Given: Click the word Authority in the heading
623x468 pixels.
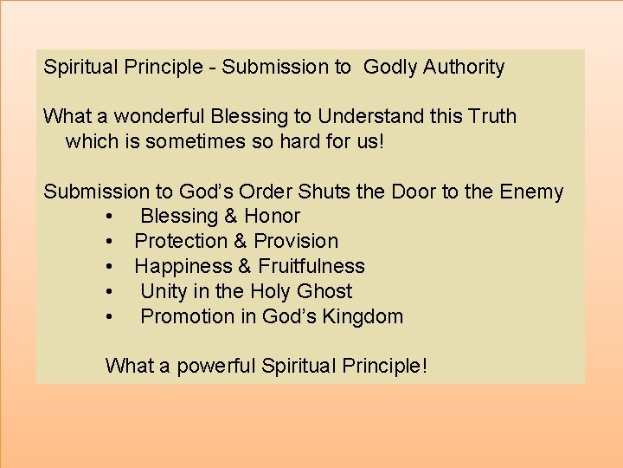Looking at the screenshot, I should [464, 68].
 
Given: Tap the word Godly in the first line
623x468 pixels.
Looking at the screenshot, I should [390, 67].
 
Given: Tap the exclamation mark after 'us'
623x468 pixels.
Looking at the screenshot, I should [379, 141].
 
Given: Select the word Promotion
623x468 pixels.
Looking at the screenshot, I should [186, 317].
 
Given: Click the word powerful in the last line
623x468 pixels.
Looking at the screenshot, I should [217, 366].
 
